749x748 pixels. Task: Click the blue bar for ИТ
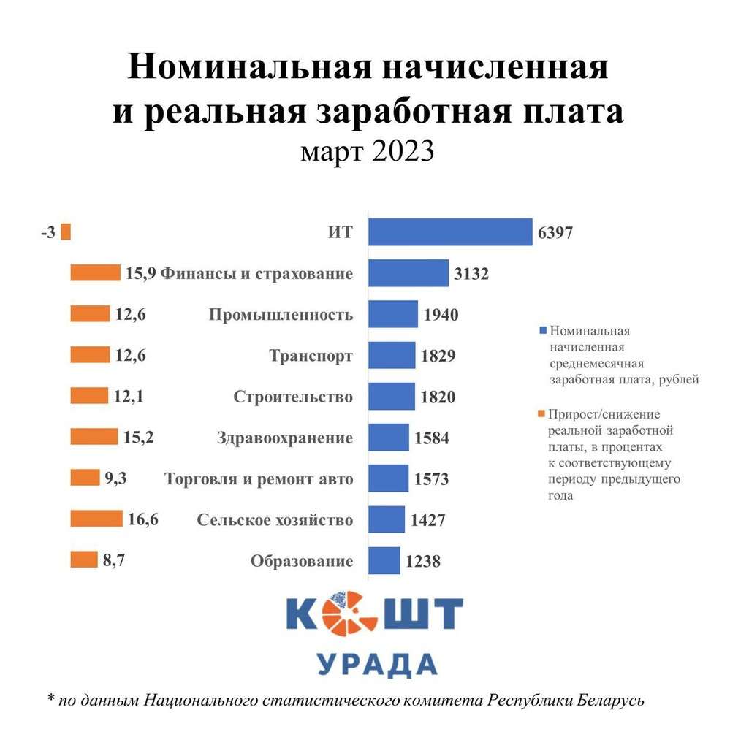[x=449, y=232]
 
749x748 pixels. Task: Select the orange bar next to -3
[x=66, y=232]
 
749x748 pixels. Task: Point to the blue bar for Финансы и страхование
[x=408, y=273]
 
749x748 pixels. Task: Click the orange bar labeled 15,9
[x=95, y=273]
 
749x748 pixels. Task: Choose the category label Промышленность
[x=281, y=315]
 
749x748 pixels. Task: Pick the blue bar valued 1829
[x=391, y=356]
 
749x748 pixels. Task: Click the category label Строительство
[x=293, y=397]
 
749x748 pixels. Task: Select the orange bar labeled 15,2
[x=94, y=438]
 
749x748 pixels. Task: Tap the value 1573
[x=431, y=480]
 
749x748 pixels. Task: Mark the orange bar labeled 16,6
[x=96, y=519]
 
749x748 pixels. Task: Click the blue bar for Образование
[x=384, y=561]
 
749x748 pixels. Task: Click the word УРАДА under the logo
[x=376, y=664]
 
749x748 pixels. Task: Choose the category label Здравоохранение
[x=285, y=438]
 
